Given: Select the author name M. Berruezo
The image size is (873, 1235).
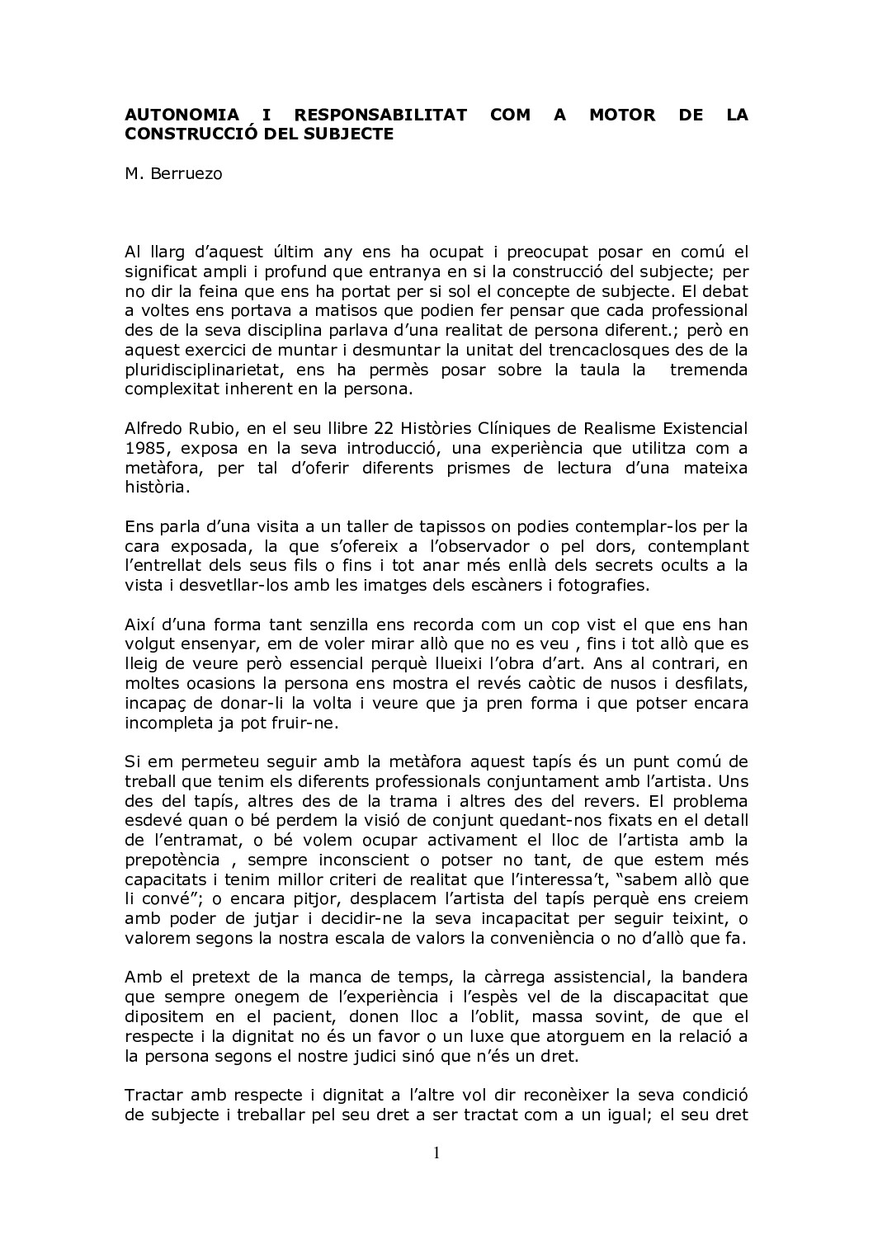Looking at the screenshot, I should [173, 175].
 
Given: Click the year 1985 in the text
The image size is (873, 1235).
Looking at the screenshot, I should [146, 449].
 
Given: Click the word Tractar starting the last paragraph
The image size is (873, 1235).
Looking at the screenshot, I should [155, 1096].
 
